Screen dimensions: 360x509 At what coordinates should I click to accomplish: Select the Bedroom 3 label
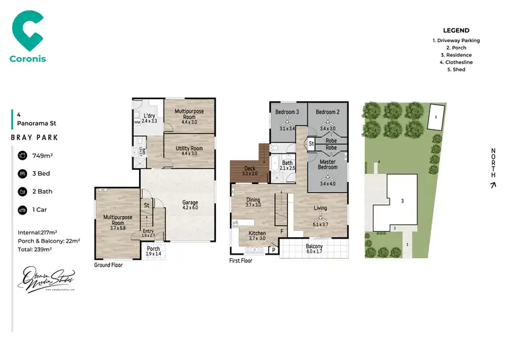(288, 112)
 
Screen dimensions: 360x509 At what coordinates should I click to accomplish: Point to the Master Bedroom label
(327, 164)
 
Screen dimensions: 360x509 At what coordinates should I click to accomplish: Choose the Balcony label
(314, 247)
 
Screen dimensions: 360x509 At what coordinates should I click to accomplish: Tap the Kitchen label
(257, 233)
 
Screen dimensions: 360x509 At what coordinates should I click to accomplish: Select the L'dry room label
(149, 116)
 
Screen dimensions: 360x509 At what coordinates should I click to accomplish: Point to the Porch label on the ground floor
(154, 249)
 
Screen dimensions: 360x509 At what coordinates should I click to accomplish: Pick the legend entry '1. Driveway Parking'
(456, 40)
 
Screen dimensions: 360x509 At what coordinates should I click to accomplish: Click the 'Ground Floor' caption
(109, 265)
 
